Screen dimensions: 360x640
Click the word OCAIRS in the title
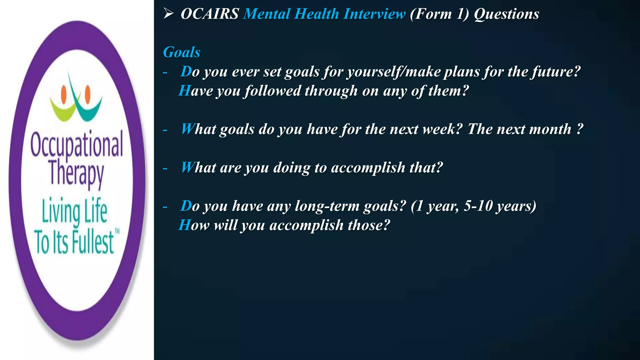210,14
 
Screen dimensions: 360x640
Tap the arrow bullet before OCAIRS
168,13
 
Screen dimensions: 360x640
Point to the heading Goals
182,52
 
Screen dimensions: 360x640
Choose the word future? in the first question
556,72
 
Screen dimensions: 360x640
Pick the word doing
292,168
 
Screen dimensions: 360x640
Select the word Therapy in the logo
77,174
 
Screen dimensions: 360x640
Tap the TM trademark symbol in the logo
117,232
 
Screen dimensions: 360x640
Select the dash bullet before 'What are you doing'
165,169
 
